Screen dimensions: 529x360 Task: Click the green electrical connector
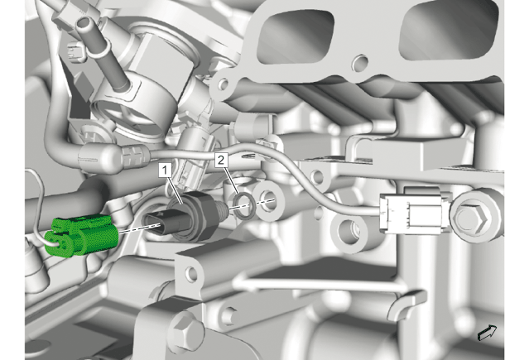point(81,235)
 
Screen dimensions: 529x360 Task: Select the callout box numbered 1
point(165,170)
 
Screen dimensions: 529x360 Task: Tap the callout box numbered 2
point(221,160)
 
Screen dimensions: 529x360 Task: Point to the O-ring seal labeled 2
point(244,204)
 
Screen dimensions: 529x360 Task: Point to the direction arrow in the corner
point(487,333)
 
